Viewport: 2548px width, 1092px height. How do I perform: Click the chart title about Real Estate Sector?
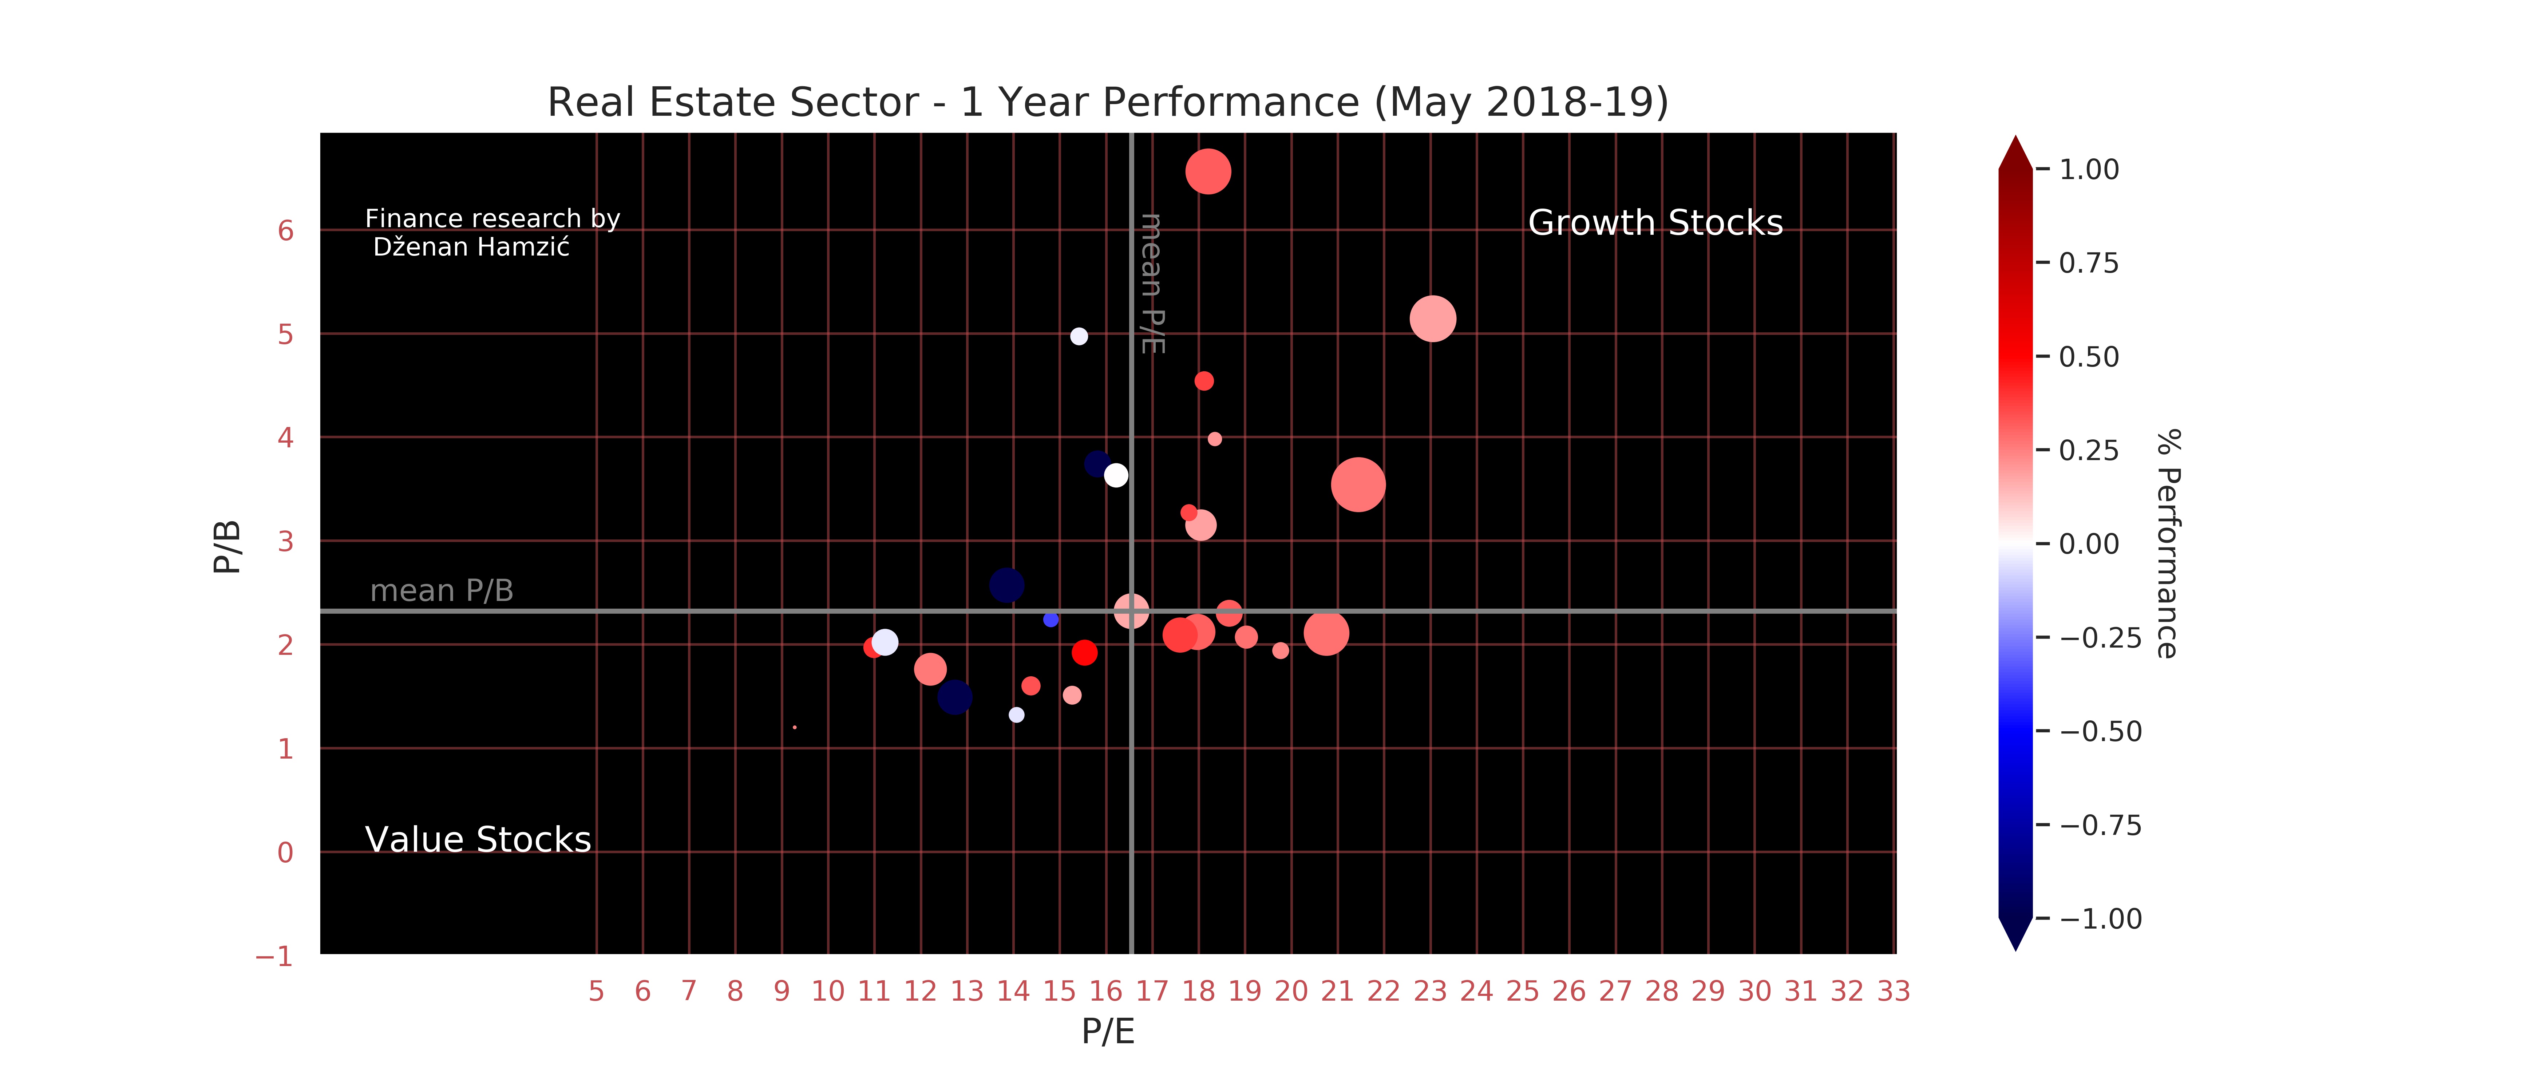click(x=1108, y=102)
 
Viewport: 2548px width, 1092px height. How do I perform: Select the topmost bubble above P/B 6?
click(x=1208, y=172)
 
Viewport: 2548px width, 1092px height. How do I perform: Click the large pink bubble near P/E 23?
click(x=1432, y=318)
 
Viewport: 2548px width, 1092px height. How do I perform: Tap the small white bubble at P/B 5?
click(x=1079, y=336)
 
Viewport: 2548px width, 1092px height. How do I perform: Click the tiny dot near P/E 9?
click(x=794, y=727)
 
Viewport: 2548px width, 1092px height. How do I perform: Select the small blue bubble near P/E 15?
click(x=1051, y=619)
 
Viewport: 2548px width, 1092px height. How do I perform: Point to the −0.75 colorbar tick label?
click(x=2100, y=825)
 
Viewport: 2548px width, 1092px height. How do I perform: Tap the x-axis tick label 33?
click(x=1893, y=991)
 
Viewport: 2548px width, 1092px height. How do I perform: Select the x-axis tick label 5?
click(x=597, y=991)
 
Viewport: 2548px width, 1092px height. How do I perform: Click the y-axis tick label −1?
click(x=274, y=957)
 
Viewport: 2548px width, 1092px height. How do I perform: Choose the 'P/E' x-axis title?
click(x=1108, y=1032)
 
